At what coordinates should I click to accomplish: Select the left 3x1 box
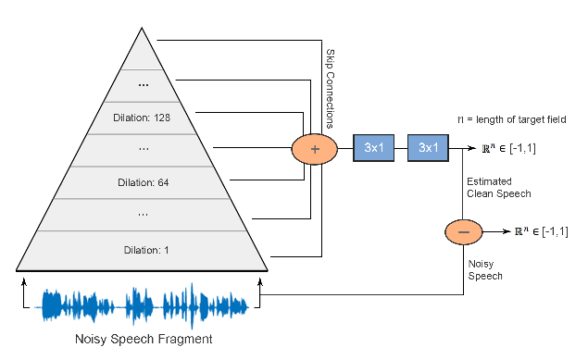374,147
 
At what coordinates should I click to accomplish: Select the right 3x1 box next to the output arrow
429,147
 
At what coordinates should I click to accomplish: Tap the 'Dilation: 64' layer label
144,182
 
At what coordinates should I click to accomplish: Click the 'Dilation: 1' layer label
144,249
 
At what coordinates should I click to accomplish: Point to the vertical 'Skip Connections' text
331,88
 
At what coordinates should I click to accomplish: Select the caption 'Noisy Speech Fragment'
144,340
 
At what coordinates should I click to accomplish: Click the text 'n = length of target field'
512,119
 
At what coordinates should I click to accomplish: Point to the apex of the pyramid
143,29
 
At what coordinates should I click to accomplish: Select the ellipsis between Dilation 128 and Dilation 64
144,149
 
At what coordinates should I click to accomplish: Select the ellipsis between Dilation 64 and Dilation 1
144,215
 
